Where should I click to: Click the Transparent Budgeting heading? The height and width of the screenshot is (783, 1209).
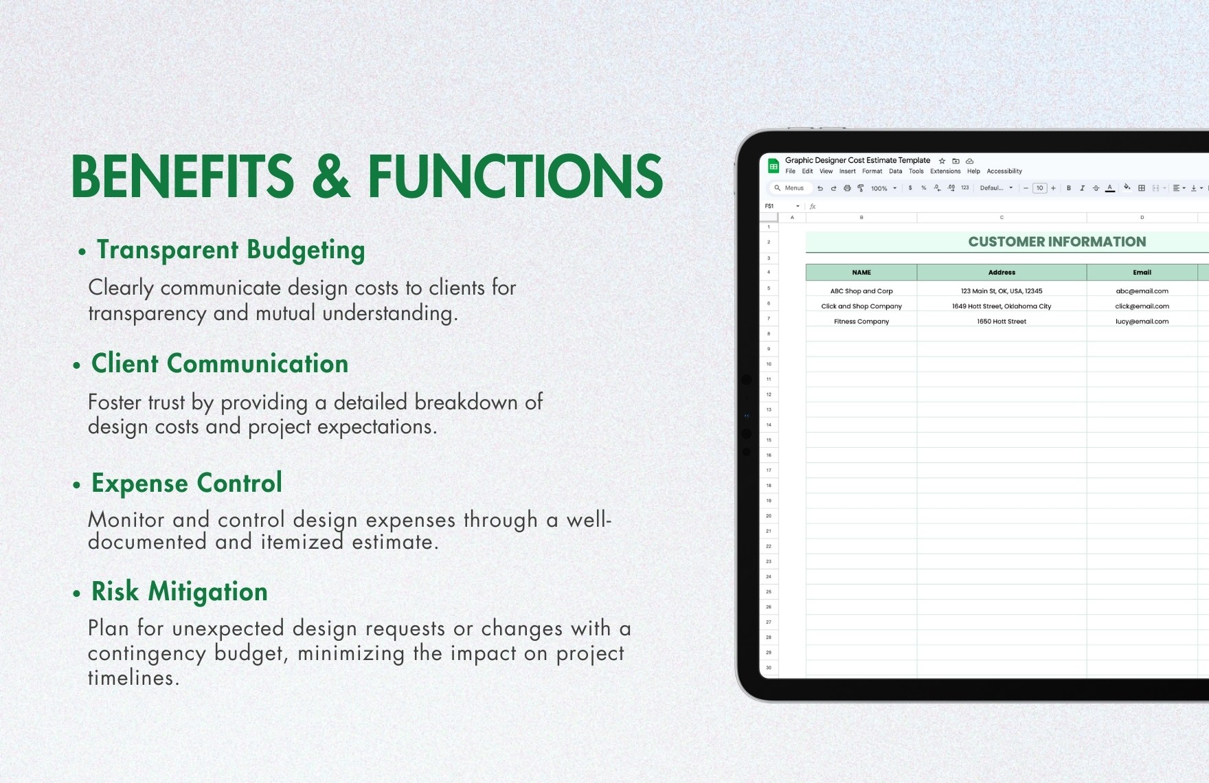[x=230, y=250]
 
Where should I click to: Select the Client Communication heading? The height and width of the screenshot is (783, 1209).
[x=220, y=364]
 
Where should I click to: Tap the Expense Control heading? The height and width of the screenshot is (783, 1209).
[x=187, y=484]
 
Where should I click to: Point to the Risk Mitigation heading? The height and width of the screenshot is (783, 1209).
[x=179, y=592]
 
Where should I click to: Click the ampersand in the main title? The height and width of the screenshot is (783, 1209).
[x=330, y=177]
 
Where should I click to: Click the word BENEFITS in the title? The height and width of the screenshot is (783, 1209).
[x=183, y=177]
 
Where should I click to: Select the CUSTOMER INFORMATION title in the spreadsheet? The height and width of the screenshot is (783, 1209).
[x=1057, y=242]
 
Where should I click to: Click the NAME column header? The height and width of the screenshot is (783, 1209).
[x=861, y=273]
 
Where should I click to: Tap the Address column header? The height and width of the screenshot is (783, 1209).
[x=1002, y=273]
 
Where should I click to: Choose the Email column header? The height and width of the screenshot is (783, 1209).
[x=1142, y=273]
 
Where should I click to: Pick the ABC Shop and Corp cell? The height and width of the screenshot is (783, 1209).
[x=861, y=291]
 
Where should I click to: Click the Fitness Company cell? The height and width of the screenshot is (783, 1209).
[x=861, y=321]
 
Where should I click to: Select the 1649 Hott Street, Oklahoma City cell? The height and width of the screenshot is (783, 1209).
[x=1002, y=306]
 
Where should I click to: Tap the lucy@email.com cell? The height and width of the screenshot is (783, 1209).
[x=1142, y=321]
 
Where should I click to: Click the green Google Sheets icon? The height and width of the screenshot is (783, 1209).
[x=773, y=166]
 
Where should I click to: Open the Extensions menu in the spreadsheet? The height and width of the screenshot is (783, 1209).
[x=945, y=172]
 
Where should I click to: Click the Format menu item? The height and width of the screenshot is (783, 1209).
[x=872, y=172]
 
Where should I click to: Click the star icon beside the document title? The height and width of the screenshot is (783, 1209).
[x=942, y=161]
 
